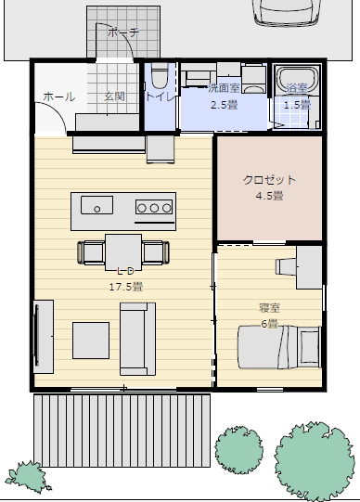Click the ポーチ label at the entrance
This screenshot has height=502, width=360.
click(x=123, y=32)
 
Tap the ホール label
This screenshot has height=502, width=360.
click(x=58, y=97)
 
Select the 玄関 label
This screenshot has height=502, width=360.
click(x=114, y=97)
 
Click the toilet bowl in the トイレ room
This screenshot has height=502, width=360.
click(x=160, y=75)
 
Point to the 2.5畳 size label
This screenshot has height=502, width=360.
click(x=224, y=105)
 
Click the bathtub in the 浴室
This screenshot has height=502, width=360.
click(x=298, y=81)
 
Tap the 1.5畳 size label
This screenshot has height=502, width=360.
click(x=297, y=105)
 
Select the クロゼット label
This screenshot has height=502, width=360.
click(x=269, y=180)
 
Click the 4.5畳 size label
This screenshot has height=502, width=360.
click(x=269, y=195)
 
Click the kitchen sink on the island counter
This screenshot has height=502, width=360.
click(x=97, y=205)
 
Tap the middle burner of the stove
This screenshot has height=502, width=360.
click(x=154, y=208)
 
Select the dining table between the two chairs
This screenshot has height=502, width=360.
click(x=123, y=252)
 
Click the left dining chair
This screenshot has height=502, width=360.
click(x=91, y=252)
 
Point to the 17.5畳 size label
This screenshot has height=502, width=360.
click(x=126, y=287)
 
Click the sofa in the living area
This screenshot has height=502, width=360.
click(x=138, y=339)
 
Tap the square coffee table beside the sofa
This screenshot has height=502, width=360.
click(x=91, y=341)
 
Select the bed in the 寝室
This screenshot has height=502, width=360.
click(x=279, y=347)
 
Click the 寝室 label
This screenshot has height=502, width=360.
click(x=269, y=308)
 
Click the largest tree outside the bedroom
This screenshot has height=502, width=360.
click(x=315, y=461)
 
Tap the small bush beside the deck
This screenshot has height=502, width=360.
click(x=28, y=477)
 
